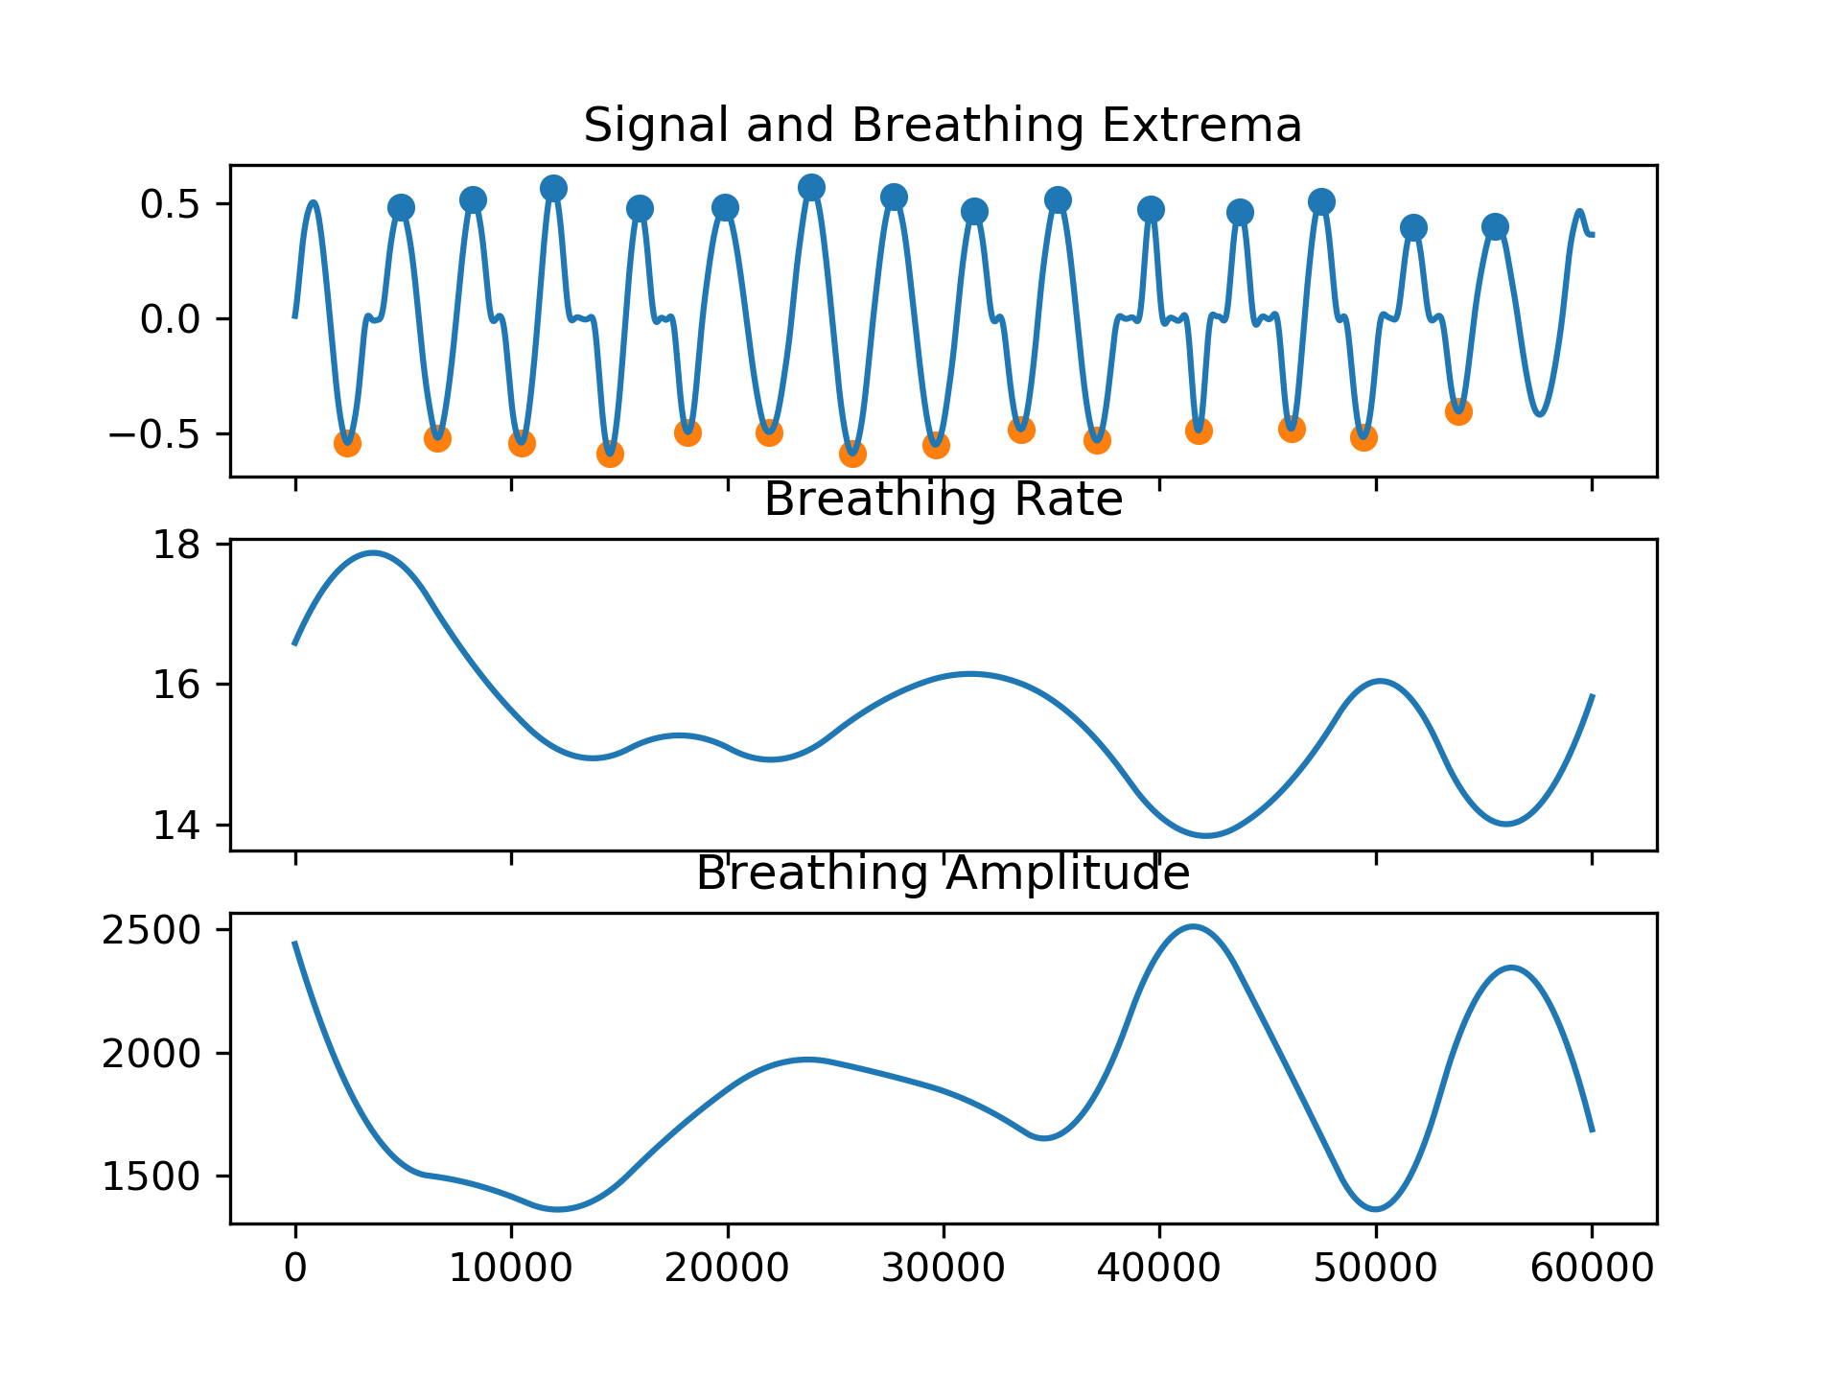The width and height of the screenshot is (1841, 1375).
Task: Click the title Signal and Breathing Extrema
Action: [x=943, y=126]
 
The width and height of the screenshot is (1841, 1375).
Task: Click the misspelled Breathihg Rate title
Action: [x=943, y=500]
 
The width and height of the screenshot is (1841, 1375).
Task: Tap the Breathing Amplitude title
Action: [x=943, y=874]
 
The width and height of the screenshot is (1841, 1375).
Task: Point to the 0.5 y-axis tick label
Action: [x=170, y=204]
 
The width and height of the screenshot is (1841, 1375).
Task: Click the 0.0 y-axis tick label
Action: [x=170, y=319]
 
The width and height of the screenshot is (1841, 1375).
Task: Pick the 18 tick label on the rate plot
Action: [x=177, y=545]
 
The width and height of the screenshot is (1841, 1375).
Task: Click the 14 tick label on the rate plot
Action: [x=177, y=826]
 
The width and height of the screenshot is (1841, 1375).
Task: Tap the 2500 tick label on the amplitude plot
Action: [x=151, y=931]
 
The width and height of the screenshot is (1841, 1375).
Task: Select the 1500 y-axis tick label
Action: [x=151, y=1177]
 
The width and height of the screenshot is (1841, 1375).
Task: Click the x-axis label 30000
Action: [x=943, y=1269]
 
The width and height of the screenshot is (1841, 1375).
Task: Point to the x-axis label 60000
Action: [x=1592, y=1269]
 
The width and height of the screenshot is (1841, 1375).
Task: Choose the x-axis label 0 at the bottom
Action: [x=295, y=1269]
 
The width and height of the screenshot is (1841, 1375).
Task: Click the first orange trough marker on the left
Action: [x=347, y=443]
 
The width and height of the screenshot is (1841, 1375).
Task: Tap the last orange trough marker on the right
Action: [x=1458, y=412]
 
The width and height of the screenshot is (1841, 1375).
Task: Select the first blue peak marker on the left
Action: [x=401, y=207]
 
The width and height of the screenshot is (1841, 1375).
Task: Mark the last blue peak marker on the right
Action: [x=1495, y=227]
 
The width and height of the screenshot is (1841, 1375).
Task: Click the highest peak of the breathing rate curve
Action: [x=373, y=552]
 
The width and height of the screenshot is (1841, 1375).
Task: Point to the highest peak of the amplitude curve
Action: [x=1192, y=926]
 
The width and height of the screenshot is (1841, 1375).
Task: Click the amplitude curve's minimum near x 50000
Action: [x=1376, y=1209]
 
